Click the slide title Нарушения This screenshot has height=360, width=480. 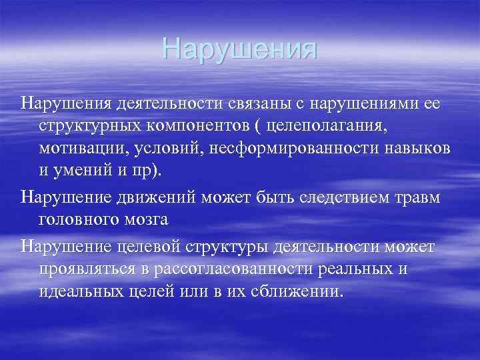pyautogui.click(x=239, y=49)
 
